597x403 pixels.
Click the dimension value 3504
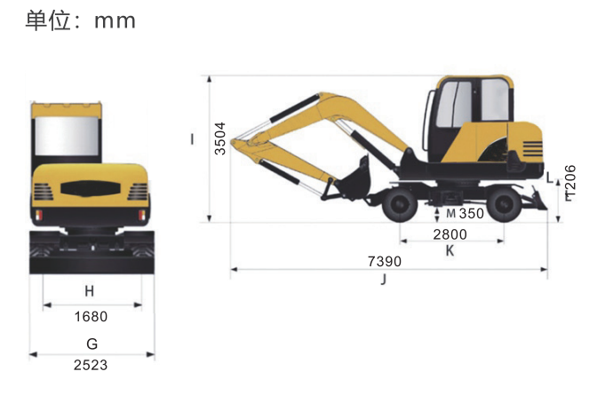(220, 138)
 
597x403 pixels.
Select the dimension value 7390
(384, 262)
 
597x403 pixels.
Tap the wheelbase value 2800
(450, 234)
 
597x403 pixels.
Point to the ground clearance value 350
(472, 214)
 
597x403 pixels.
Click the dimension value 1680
(91, 316)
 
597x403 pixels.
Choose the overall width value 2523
(91, 365)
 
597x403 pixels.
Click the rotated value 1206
(570, 183)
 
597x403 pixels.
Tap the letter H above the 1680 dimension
(89, 291)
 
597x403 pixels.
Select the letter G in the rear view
(92, 344)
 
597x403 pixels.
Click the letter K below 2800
(450, 251)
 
